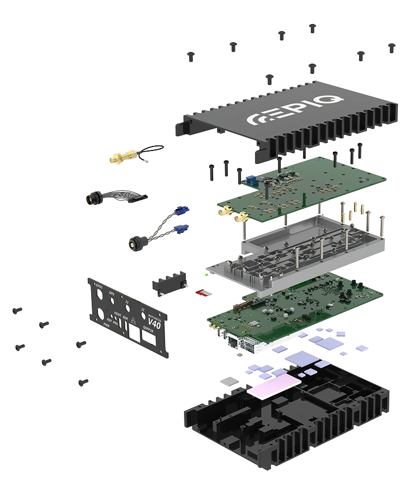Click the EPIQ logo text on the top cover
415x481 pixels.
296,113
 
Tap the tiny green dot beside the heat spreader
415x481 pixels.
206,275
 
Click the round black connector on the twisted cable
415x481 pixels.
135,243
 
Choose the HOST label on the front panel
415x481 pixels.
117,314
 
